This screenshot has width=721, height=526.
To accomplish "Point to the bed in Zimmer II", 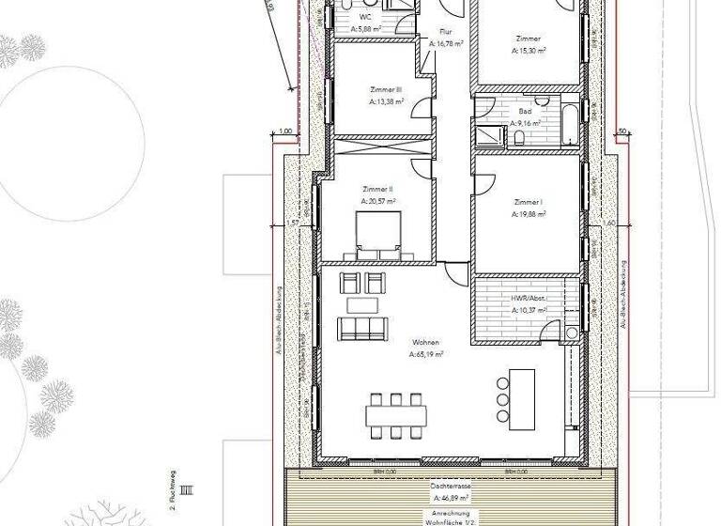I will tap(377, 235).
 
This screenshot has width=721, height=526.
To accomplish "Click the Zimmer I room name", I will tap(529, 202).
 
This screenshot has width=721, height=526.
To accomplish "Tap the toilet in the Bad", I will tap(519, 139).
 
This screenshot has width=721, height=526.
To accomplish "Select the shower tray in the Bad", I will tap(486, 135).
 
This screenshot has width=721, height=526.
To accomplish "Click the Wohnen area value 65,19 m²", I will tap(425, 355).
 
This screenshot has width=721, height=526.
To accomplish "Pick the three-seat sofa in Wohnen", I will tap(361, 329).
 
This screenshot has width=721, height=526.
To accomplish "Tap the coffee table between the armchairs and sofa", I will tap(361, 304).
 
